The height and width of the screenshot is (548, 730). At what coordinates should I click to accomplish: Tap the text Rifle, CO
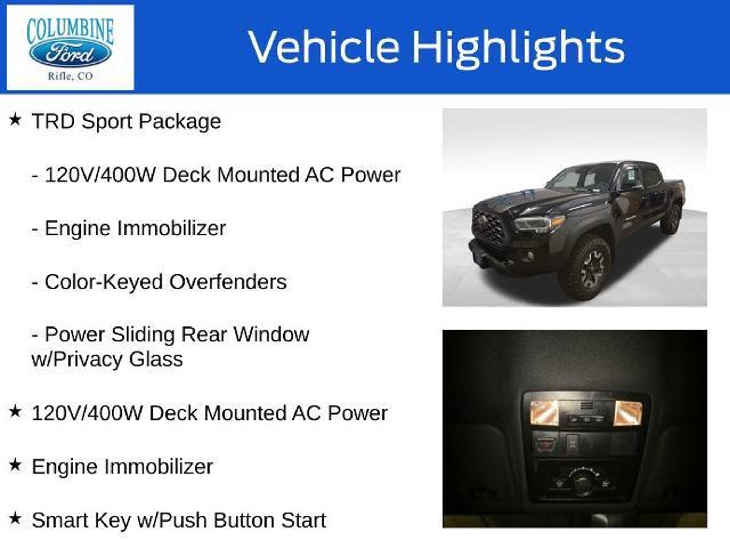click(x=70, y=76)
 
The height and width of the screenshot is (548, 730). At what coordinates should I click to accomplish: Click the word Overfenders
click(x=228, y=282)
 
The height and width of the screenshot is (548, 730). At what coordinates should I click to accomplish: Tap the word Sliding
click(x=143, y=335)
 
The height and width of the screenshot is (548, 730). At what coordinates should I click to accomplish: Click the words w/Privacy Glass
click(x=107, y=359)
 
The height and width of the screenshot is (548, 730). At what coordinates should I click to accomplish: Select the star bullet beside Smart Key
click(x=15, y=518)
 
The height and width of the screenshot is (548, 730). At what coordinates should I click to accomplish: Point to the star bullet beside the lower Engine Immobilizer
click(x=15, y=465)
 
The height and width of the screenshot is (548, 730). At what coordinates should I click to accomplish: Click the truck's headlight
click(x=540, y=223)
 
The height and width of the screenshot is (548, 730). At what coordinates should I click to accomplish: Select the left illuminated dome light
click(x=544, y=413)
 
